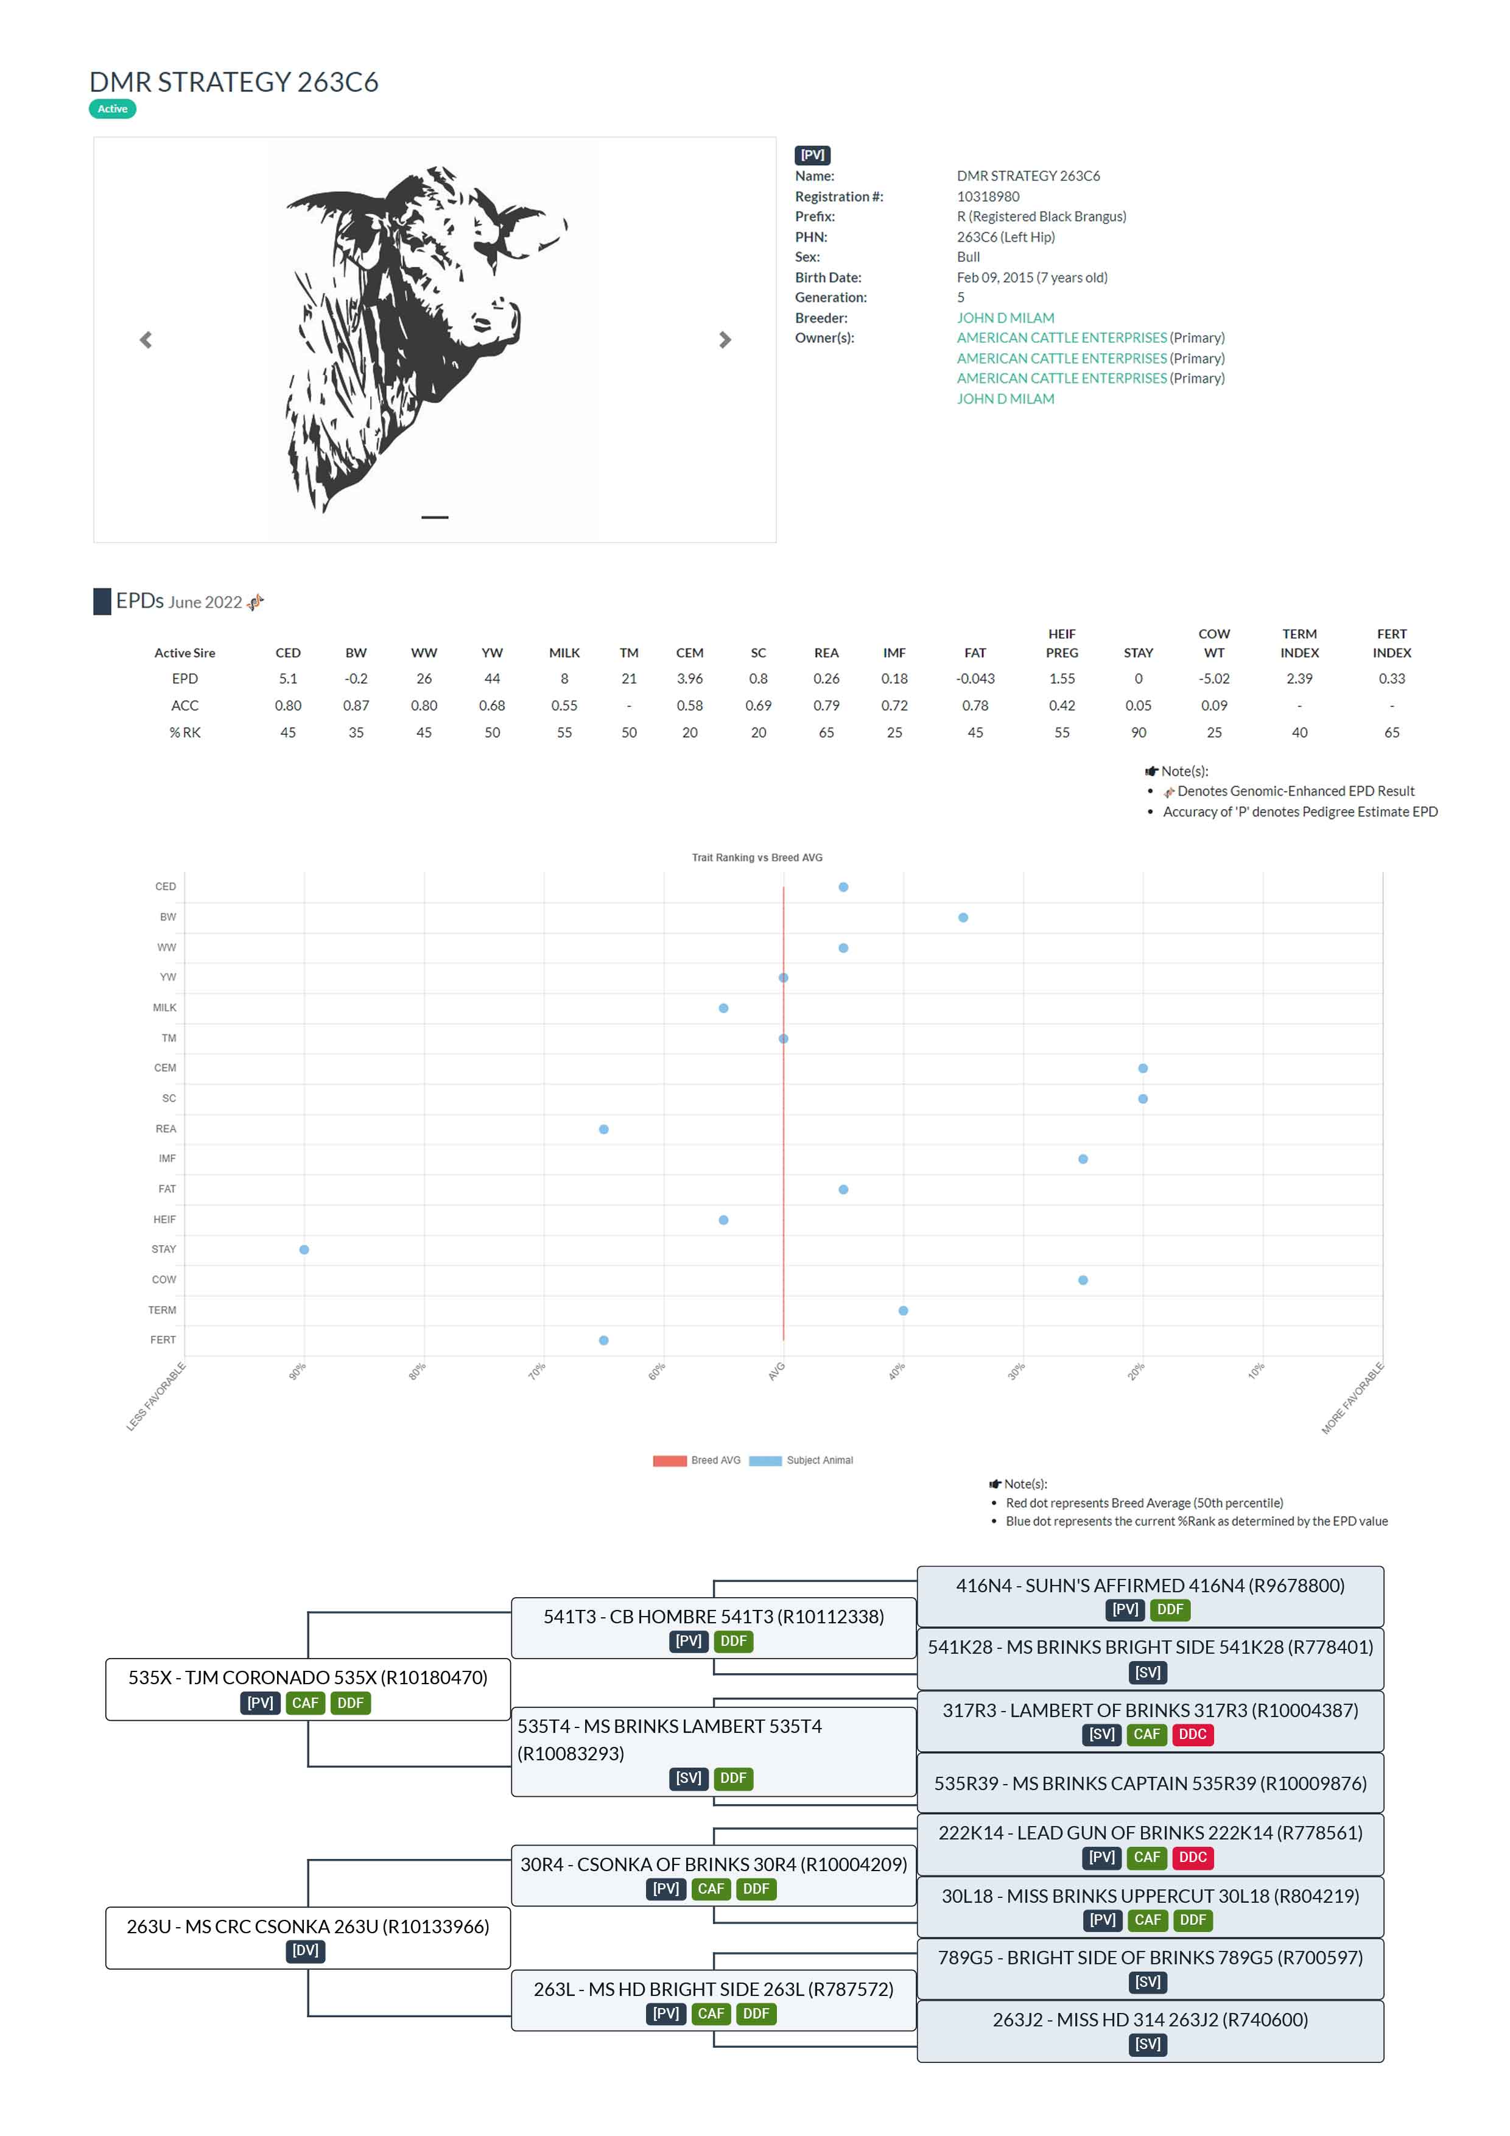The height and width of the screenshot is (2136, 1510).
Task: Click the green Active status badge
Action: tap(113, 109)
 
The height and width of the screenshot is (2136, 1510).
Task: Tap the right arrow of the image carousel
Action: tap(725, 340)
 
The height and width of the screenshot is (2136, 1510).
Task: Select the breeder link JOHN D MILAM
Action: tap(1005, 318)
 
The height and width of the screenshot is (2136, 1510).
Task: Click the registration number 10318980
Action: tap(987, 196)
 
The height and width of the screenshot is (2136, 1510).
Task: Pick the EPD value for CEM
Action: tap(689, 679)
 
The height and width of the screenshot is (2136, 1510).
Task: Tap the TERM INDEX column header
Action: tap(1299, 644)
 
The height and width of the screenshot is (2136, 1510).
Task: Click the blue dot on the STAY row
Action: tap(304, 1249)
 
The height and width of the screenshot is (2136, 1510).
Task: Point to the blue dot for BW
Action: tap(963, 917)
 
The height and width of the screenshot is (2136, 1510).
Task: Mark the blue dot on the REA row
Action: tap(604, 1129)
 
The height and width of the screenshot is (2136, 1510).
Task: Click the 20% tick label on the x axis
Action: tap(1136, 1371)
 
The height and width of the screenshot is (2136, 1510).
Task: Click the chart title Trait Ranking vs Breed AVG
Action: tap(756, 858)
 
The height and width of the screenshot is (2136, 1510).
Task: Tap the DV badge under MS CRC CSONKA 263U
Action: tap(305, 1951)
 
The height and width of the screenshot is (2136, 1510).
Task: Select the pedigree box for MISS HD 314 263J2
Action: tap(1150, 2031)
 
